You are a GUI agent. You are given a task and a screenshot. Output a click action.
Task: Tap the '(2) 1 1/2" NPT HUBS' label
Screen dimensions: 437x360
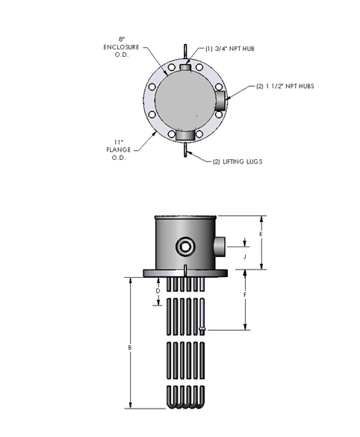click(x=284, y=86)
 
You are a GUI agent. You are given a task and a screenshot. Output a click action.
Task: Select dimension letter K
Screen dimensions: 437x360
click(x=261, y=234)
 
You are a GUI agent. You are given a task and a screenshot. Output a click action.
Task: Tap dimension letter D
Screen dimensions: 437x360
click(x=157, y=289)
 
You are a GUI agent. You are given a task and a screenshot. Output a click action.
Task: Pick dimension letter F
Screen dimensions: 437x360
click(x=246, y=295)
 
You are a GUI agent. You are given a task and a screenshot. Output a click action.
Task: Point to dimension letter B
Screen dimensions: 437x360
click(x=130, y=347)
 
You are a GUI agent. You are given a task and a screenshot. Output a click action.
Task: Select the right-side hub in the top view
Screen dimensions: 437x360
click(x=219, y=102)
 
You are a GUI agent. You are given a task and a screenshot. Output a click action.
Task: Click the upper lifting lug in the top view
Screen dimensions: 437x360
click(x=184, y=52)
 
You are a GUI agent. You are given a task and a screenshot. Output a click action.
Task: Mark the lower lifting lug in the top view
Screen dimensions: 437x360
click(x=184, y=152)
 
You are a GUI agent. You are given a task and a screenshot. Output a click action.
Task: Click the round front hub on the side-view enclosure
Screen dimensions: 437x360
click(x=184, y=247)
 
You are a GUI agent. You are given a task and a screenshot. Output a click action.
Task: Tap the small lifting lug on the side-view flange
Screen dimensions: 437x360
click(x=184, y=267)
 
